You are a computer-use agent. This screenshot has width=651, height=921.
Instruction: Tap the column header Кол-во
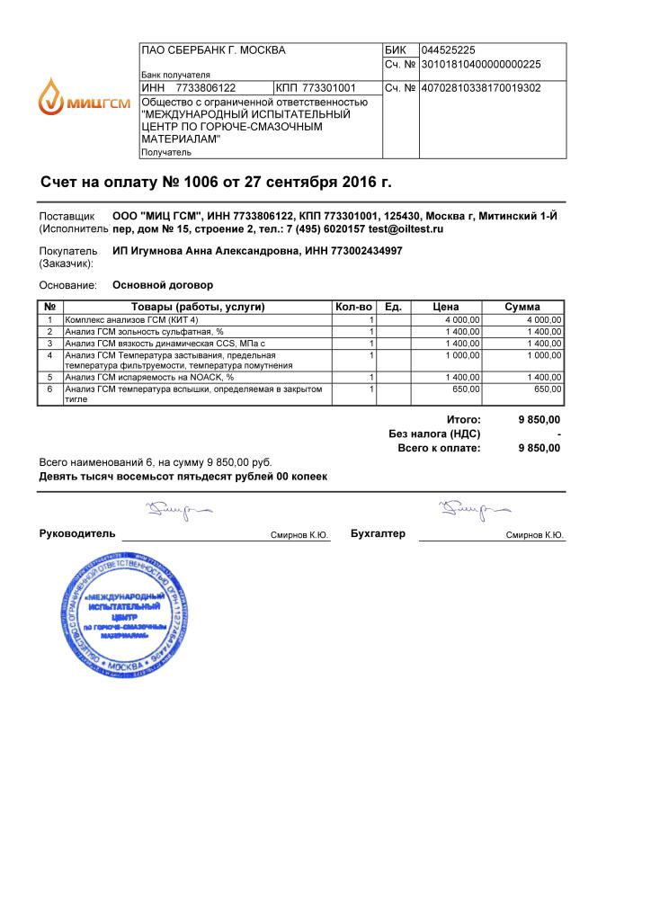(x=353, y=307)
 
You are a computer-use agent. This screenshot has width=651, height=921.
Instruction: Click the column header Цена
(x=446, y=307)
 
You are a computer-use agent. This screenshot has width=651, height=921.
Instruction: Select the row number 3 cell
(x=50, y=344)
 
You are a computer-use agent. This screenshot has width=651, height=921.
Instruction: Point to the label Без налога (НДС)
(x=434, y=434)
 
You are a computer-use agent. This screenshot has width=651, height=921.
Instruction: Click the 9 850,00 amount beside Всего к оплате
(x=540, y=448)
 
